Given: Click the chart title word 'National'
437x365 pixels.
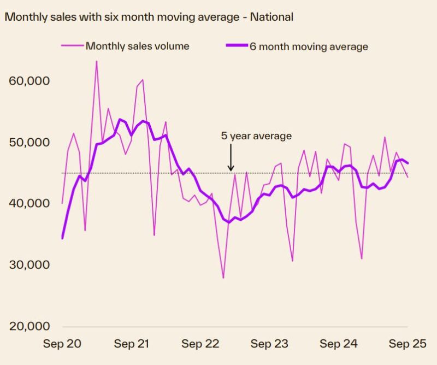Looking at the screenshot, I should (271, 17).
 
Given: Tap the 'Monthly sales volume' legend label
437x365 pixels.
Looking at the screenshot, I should (137, 46).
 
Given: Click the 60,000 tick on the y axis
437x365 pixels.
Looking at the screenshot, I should (30, 81).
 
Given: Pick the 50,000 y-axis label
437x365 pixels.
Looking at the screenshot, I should (30, 142).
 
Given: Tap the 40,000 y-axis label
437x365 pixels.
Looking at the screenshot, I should (30, 203).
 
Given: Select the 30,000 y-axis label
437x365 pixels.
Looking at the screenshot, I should (30, 264).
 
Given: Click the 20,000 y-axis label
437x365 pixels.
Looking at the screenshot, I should (30, 326).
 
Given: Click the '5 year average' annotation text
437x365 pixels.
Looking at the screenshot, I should (256, 136).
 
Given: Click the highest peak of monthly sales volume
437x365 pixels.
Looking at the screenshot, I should (97, 61).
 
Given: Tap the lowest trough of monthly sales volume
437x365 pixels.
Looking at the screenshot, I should (223, 278).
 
